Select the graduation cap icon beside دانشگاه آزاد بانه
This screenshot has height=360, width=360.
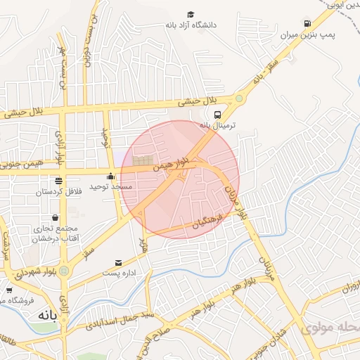[x=191, y=14]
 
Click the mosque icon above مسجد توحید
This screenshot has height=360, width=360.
[x=110, y=176]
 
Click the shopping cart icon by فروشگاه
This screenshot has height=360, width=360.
[x=9, y=289]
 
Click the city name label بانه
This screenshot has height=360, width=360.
[x=41, y=315]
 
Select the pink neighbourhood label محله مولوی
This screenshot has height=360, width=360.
[x=330, y=328]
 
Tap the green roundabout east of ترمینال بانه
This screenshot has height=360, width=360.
[x=240, y=99]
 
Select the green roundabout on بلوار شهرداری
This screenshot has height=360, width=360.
[x=64, y=270]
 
